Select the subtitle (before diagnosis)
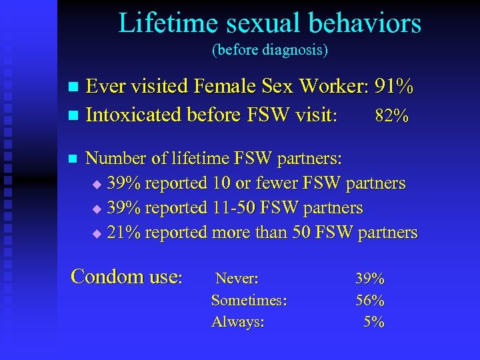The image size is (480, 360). point(270,50)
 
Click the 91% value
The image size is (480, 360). point(394,87)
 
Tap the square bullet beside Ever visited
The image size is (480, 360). point(74,88)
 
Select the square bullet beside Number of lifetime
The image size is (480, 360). point(74,159)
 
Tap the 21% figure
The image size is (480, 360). point(123,232)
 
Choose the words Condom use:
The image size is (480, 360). point(126,276)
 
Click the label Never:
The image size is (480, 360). point(237,278)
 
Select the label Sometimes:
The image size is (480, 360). point(249,300)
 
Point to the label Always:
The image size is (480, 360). point(237,322)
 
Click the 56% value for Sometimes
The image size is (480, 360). point(370,300)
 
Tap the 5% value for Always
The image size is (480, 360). point(375,322)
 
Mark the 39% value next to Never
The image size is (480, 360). point(370,278)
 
